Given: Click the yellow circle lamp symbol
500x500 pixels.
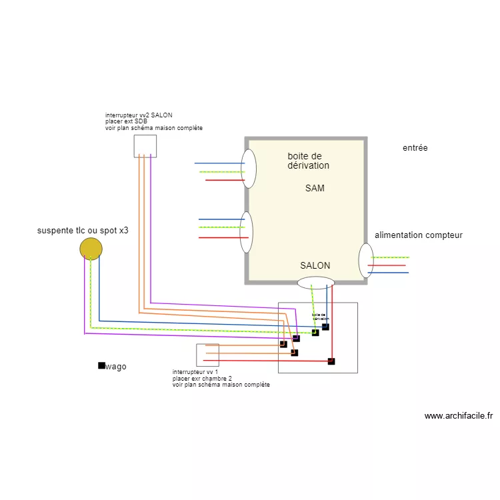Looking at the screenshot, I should pyautogui.click(x=91, y=249).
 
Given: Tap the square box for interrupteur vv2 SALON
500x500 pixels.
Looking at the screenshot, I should pyautogui.click(x=145, y=146).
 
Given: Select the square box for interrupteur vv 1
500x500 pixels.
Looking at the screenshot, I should pyautogui.click(x=207, y=355).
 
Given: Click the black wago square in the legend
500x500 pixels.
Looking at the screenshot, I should pyautogui.click(x=101, y=365).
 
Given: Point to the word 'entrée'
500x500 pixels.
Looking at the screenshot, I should pyautogui.click(x=415, y=148).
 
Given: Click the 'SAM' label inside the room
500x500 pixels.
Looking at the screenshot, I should pyautogui.click(x=315, y=188).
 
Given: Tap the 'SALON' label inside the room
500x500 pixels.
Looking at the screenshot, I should pyautogui.click(x=315, y=265).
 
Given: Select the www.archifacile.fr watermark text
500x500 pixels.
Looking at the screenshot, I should pyautogui.click(x=458, y=416).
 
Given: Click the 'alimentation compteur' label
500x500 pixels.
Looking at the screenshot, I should pyautogui.click(x=418, y=235).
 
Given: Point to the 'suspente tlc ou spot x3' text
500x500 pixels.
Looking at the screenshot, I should pyautogui.click(x=83, y=231).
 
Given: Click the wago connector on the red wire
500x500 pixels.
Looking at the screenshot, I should pyautogui.click(x=331, y=361).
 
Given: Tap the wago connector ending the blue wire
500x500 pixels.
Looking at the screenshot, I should pyautogui.click(x=325, y=327).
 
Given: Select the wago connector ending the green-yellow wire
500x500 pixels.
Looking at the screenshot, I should pyautogui.click(x=315, y=333).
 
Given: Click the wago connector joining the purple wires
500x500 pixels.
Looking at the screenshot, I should pyautogui.click(x=296, y=339).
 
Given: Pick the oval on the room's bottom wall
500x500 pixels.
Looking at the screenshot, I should pyautogui.click(x=315, y=283).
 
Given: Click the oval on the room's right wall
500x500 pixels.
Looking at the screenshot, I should pyautogui.click(x=366, y=261).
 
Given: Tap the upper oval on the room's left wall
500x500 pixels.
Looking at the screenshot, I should pyautogui.click(x=248, y=168).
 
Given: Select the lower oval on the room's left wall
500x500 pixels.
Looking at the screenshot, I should pyautogui.click(x=246, y=232).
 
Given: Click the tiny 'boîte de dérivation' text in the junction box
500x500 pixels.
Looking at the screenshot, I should pyautogui.click(x=319, y=317).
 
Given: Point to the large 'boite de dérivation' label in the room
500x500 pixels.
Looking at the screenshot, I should pyautogui.click(x=308, y=161).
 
